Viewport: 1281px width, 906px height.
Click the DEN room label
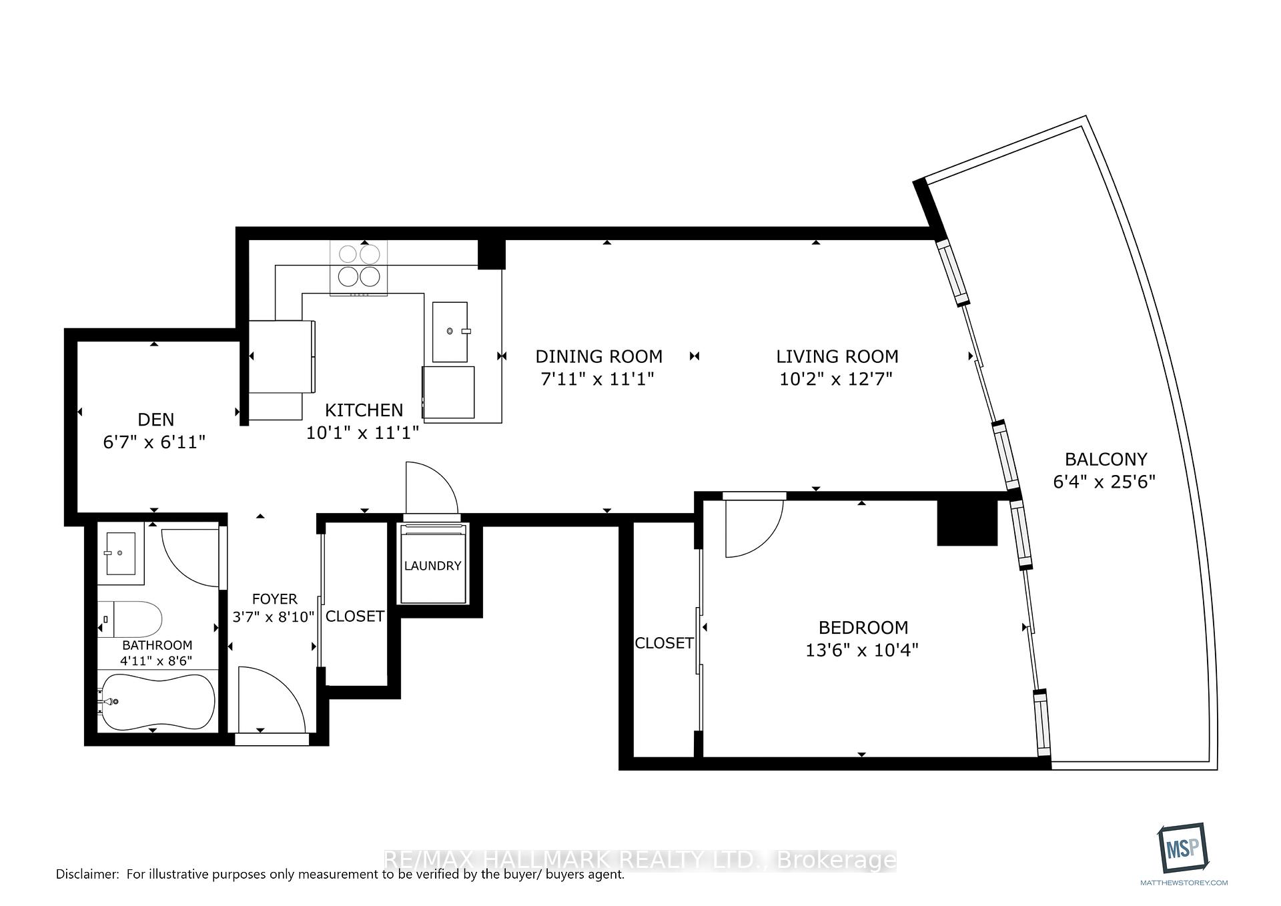point(155,420)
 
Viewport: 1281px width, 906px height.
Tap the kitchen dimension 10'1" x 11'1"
point(362,433)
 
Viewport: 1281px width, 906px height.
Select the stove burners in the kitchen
point(359,266)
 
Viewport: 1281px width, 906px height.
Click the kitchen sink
point(450,332)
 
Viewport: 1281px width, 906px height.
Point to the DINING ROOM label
point(598,356)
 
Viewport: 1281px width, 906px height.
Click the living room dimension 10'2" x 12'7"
point(836,379)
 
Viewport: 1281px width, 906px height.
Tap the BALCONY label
point(1106,459)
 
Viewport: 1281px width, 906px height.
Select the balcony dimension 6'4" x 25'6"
point(1104,482)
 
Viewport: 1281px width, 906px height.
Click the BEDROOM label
point(863,627)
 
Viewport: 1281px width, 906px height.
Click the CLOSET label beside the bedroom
point(664,643)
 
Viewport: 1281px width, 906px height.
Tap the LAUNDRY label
point(432,566)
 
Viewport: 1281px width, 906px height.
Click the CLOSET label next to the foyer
point(354,616)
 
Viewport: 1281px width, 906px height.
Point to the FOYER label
point(274,599)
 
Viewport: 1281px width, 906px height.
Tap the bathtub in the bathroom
point(157,702)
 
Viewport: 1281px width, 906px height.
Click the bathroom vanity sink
point(121,552)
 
